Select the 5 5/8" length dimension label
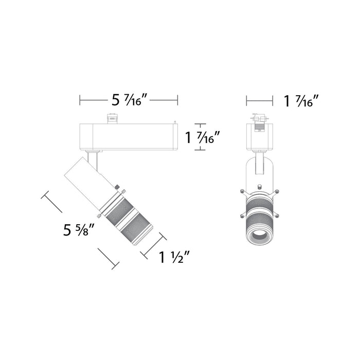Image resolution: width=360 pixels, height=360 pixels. point(78,229)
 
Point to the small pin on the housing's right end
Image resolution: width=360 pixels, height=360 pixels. point(176,123)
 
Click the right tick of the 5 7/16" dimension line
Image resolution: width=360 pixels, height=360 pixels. point(177,100)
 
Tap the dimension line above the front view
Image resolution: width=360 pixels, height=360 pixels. point(260,100)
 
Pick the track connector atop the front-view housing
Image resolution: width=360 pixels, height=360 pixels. point(260,118)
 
